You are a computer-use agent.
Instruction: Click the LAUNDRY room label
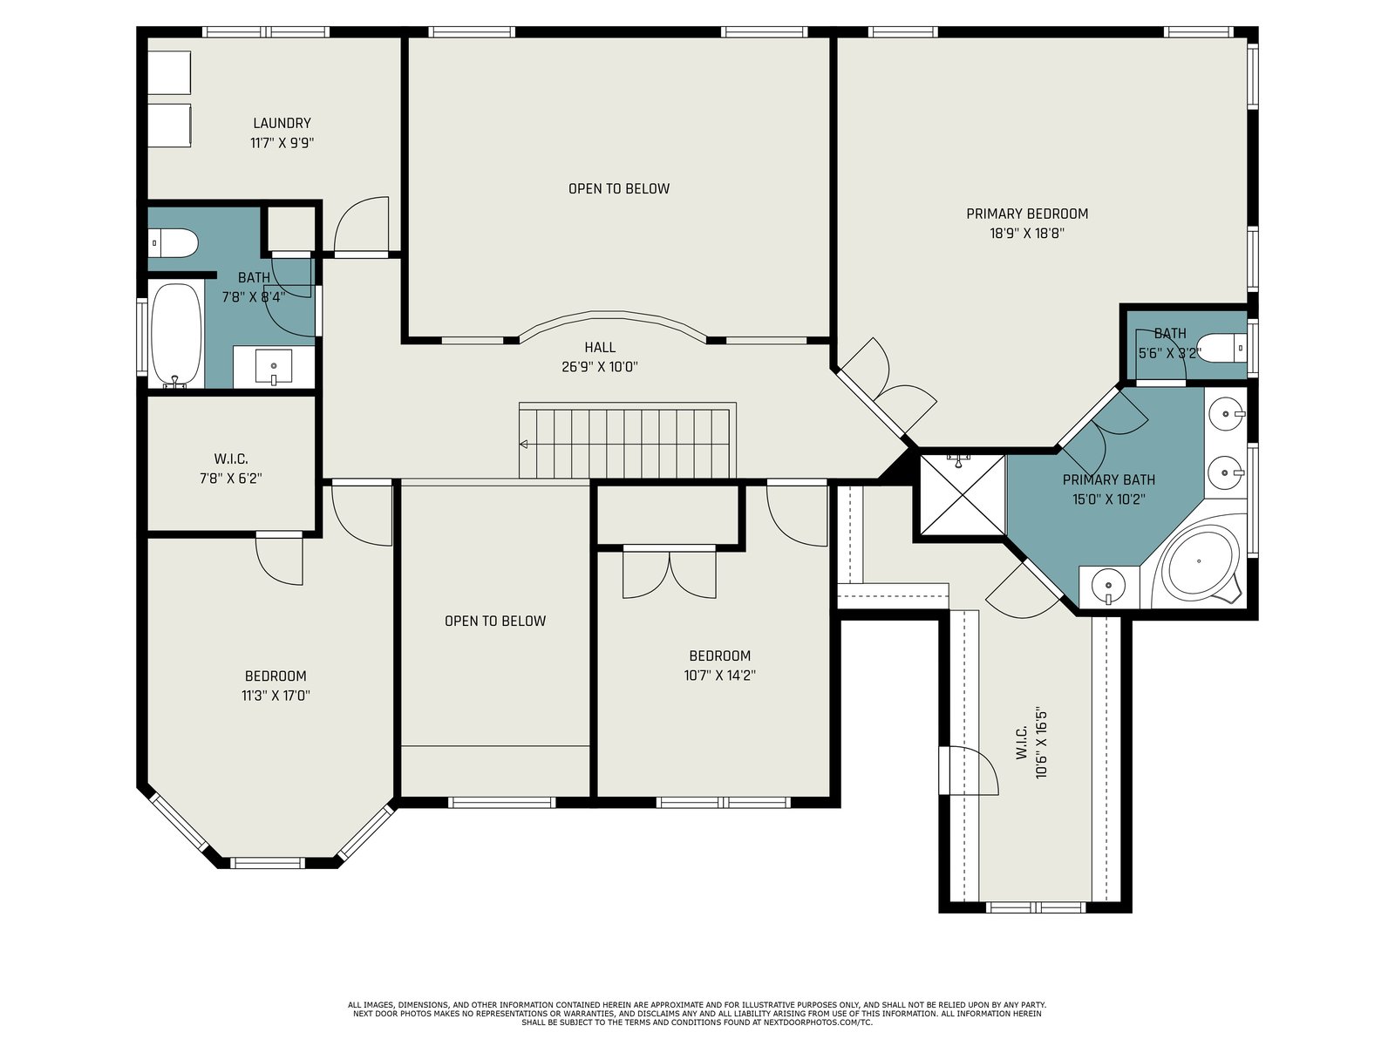click(x=282, y=123)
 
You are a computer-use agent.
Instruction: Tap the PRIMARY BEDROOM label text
click(x=1027, y=214)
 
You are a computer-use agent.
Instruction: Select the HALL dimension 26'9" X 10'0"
click(x=599, y=367)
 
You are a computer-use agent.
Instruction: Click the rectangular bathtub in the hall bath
click(x=176, y=335)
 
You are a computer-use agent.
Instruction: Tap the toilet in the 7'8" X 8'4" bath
click(x=173, y=242)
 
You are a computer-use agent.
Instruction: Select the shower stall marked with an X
click(x=963, y=495)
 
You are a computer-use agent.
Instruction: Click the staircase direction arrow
click(x=523, y=444)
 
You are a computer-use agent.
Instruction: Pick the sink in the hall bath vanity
click(x=274, y=367)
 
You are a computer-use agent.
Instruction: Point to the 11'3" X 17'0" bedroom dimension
click(x=276, y=696)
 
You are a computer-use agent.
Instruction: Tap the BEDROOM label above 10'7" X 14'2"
click(x=719, y=656)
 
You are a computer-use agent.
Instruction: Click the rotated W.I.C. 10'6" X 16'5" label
click(x=1031, y=743)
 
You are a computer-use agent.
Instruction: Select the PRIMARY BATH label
click(x=1108, y=480)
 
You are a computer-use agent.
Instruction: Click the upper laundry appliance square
click(x=170, y=72)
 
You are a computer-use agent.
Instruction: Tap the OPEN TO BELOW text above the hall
click(x=618, y=188)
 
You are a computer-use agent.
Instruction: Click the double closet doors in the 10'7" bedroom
click(x=670, y=573)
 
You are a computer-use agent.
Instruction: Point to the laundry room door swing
click(x=361, y=226)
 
